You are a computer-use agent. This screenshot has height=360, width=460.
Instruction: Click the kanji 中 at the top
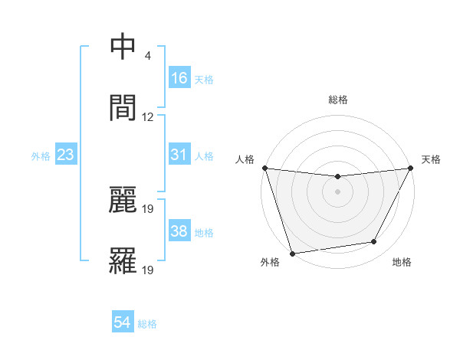[123, 47]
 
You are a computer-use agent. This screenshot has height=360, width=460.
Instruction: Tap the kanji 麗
[123, 201]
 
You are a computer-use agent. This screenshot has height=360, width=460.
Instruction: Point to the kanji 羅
[123, 260]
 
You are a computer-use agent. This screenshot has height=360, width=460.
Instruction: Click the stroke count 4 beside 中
[147, 57]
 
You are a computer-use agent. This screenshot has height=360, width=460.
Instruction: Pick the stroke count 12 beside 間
[148, 116]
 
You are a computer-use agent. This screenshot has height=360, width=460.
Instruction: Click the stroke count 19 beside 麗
[149, 208]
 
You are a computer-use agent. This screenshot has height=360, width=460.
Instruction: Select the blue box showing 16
[179, 77]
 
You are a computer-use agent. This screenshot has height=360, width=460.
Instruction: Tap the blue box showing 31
[179, 155]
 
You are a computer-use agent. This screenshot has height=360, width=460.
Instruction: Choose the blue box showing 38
[179, 231]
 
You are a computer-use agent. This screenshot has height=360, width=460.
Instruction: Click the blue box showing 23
[66, 155]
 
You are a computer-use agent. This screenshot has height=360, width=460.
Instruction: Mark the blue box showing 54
[123, 322]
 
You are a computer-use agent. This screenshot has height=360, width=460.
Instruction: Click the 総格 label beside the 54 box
[147, 324]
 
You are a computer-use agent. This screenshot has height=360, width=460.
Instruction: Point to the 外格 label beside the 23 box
[41, 156]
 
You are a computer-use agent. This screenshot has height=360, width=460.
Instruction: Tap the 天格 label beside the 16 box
[204, 79]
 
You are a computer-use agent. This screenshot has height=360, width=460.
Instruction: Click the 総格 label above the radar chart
[338, 99]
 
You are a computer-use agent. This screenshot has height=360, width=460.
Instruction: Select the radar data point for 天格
[412, 168]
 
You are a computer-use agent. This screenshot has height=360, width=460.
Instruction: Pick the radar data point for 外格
[291, 252]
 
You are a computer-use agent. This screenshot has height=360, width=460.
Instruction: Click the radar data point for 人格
[264, 168]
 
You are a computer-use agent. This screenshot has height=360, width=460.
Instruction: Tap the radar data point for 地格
[374, 242]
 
